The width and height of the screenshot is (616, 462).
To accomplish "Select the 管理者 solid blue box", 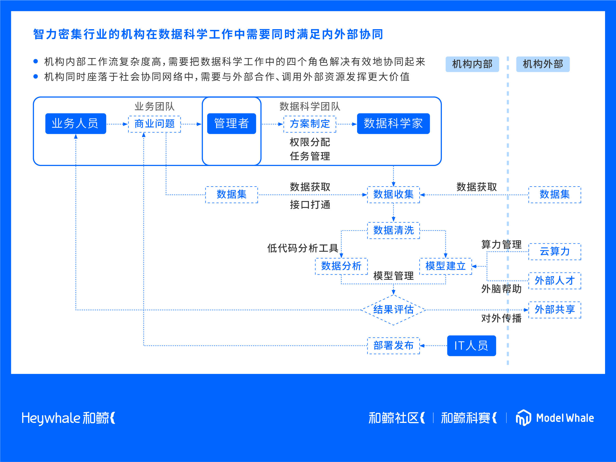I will tap(231, 123).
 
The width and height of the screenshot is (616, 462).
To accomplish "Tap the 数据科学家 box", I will tap(393, 123).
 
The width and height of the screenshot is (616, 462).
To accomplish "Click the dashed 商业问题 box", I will tap(155, 124).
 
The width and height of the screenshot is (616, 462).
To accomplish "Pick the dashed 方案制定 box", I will tap(310, 124).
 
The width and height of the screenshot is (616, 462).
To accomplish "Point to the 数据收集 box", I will tap(393, 195).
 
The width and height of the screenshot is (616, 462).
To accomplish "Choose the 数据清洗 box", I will tap(393, 230).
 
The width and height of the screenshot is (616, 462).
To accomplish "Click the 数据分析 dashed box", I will tap(341, 266).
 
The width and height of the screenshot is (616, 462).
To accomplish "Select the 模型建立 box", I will tap(445, 266).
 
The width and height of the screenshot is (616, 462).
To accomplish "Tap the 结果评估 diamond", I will tap(393, 310).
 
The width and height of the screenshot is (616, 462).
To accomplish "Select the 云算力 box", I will tap(554, 252).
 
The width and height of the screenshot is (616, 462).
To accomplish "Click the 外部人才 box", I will tap(554, 281).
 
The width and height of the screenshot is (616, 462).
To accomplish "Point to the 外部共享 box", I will tap(554, 310).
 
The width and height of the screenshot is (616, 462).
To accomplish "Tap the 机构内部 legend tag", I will tap(472, 64).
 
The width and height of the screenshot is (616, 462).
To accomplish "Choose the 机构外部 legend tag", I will tap(543, 64).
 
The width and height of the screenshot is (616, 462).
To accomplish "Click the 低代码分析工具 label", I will tap(302, 248).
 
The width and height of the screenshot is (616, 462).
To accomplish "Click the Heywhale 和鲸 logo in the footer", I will tap(69, 418).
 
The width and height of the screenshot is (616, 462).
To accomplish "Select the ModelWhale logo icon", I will tap(523, 417).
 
